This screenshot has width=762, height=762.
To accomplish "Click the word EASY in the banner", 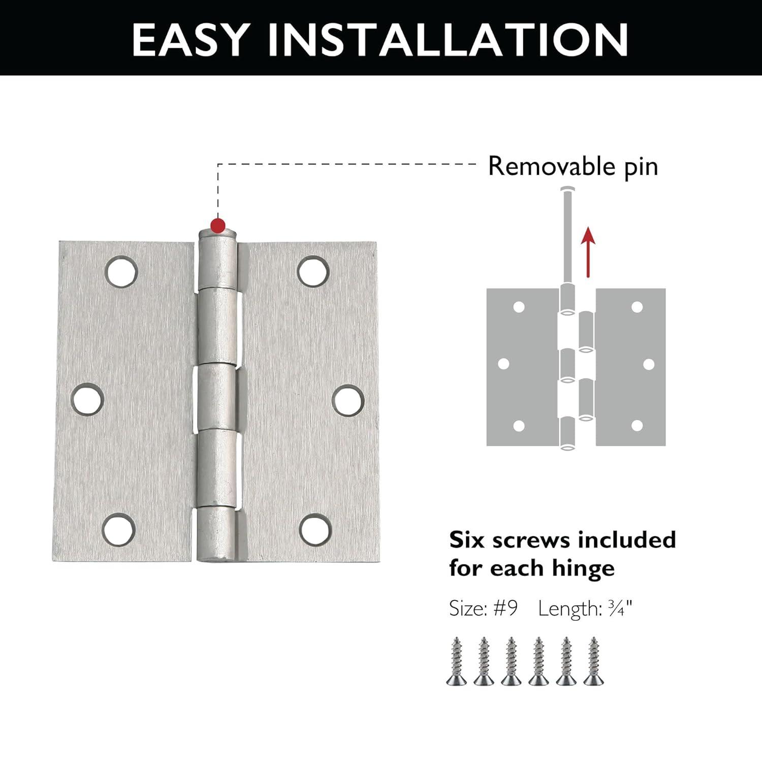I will click(x=190, y=39).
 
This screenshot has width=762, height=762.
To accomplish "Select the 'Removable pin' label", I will click(x=573, y=167).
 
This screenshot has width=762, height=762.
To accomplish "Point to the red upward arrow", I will click(x=588, y=251).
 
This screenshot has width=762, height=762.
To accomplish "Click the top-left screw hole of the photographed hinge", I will click(x=121, y=271).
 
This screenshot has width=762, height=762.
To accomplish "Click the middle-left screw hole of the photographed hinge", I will click(x=87, y=399).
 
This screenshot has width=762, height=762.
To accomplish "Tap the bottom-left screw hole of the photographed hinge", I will click(x=119, y=529).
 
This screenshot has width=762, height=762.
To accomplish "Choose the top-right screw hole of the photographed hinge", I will click(x=313, y=271).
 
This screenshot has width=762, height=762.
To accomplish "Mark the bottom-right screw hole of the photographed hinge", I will click(x=315, y=529).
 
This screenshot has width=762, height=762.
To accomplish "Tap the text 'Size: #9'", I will click(x=483, y=608).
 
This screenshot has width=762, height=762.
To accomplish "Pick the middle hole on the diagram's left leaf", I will click(x=504, y=364).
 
